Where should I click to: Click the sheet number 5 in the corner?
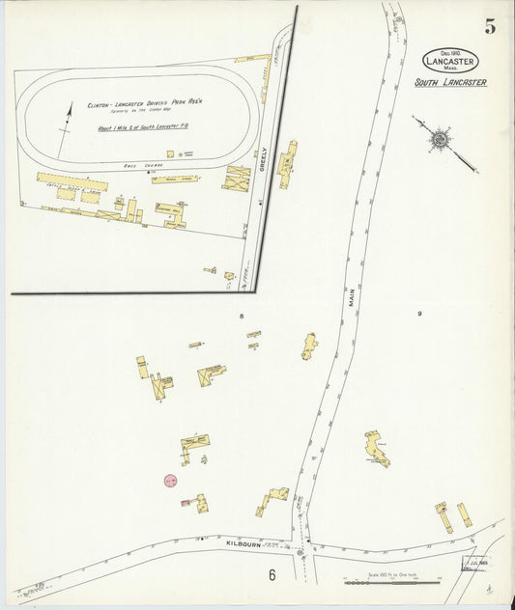(490, 27)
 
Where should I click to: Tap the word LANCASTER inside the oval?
(449, 60)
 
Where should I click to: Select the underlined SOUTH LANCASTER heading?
(450, 83)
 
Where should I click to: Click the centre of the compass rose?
(440, 140)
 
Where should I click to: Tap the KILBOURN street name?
(244, 544)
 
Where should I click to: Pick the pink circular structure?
(170, 480)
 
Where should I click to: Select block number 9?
(419, 314)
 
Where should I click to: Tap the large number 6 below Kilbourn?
(273, 575)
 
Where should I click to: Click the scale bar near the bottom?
(392, 582)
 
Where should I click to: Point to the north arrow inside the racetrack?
(65, 130)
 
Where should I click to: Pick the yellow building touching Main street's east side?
(309, 346)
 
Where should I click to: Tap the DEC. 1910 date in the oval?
(449, 50)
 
